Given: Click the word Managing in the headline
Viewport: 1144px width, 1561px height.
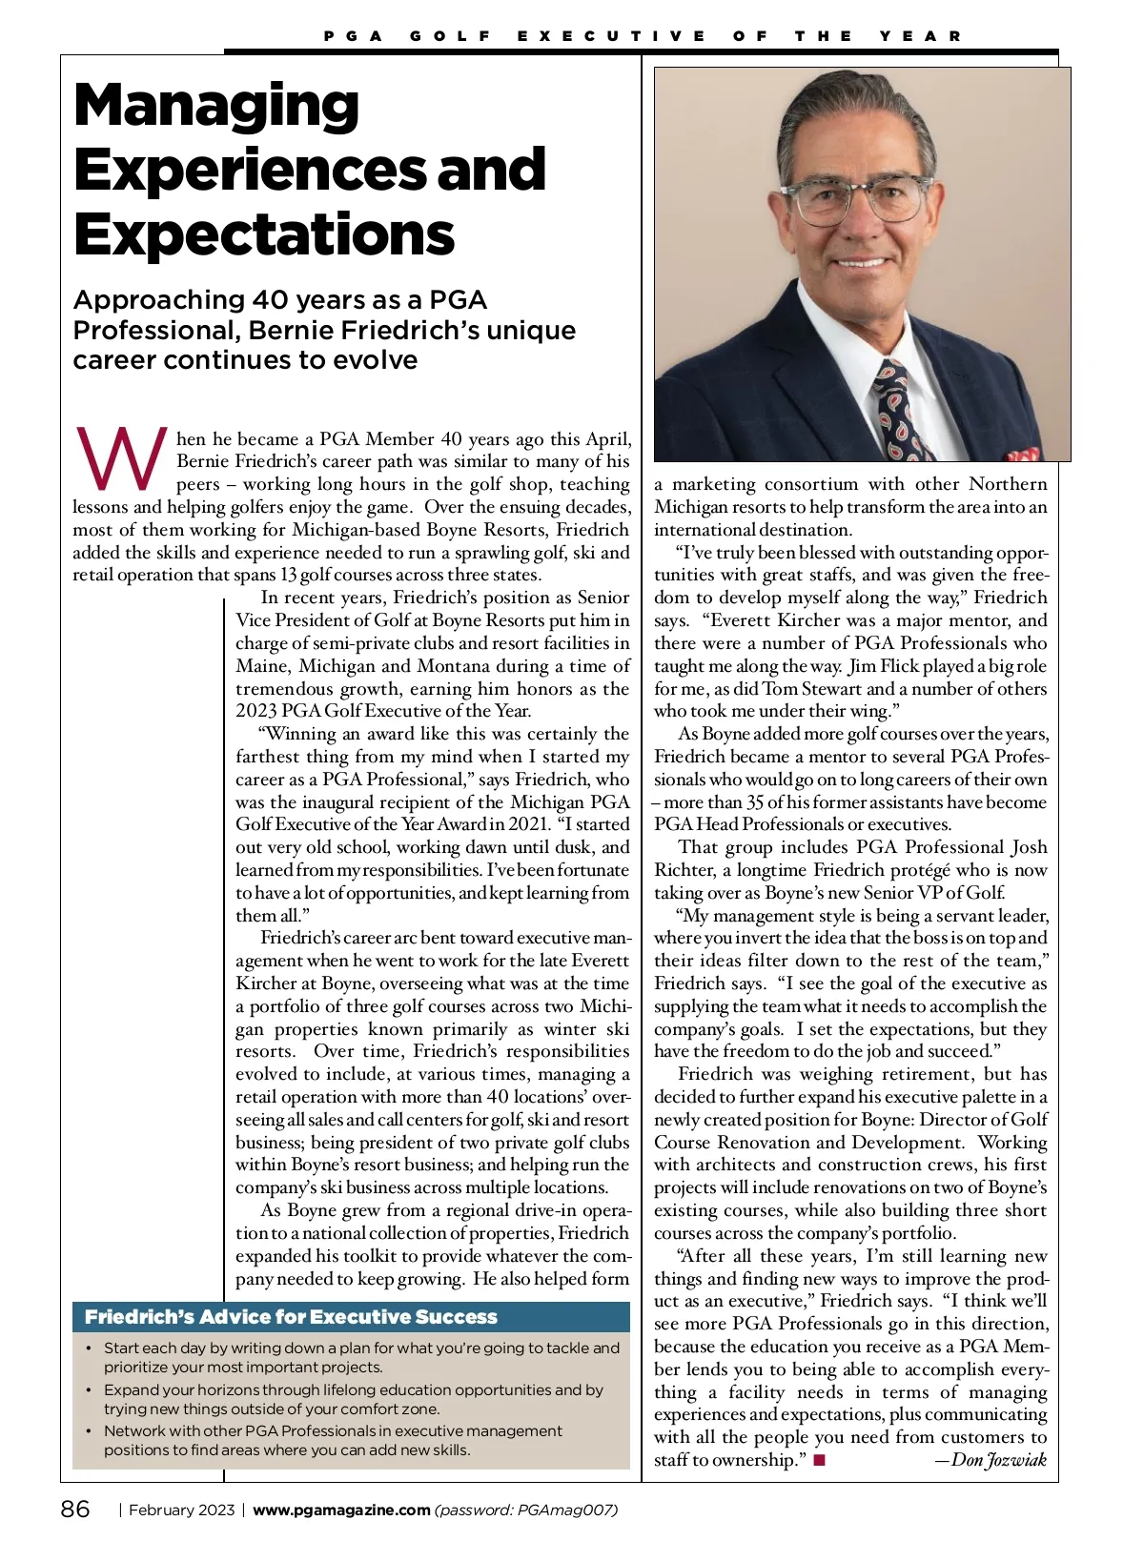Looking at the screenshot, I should click(x=216, y=105).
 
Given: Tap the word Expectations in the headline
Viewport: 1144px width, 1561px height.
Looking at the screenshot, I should click(x=264, y=234).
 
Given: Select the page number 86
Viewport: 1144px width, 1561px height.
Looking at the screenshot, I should click(x=76, y=1510).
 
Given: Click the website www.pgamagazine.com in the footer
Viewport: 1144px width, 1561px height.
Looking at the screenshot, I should click(x=341, y=1510).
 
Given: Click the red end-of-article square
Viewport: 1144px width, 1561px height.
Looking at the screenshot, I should click(x=819, y=1460).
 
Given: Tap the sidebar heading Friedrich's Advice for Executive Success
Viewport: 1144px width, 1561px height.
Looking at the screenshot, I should click(x=291, y=1317).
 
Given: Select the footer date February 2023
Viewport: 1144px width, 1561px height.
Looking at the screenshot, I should click(x=181, y=1510).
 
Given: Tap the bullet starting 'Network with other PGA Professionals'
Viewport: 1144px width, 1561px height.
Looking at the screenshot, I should click(x=334, y=1440).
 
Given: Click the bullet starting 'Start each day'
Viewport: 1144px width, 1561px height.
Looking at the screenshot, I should click(x=361, y=1357).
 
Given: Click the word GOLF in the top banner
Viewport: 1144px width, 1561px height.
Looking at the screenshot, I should click(x=450, y=36).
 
